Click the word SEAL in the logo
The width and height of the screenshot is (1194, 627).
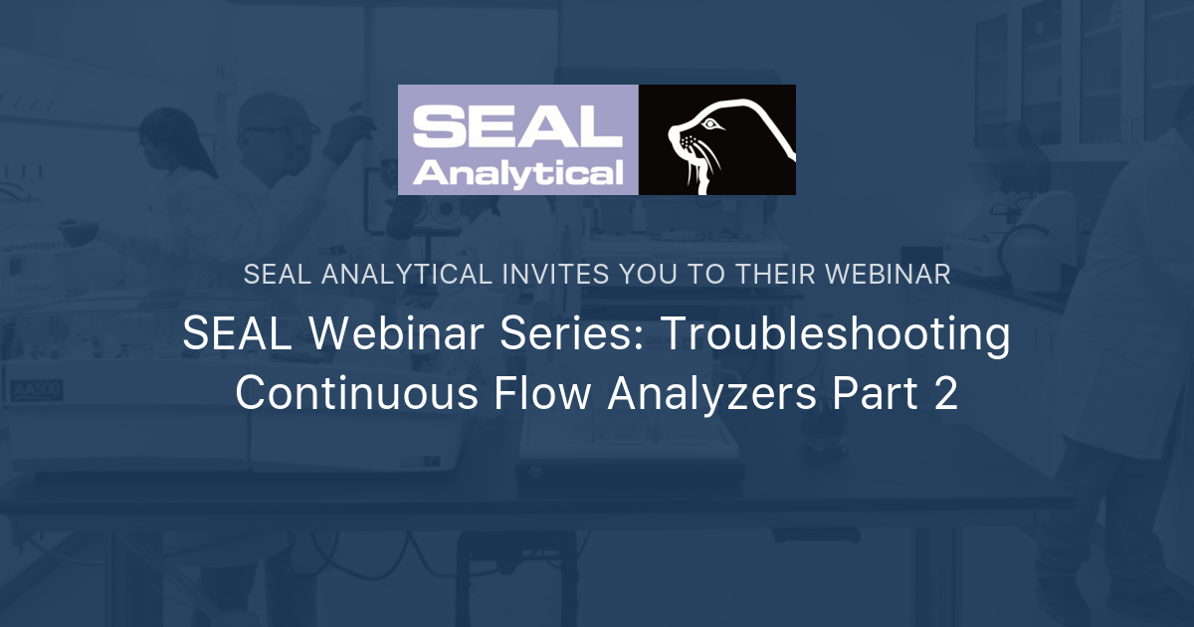point(516,127)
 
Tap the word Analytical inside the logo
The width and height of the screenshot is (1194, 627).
point(518,173)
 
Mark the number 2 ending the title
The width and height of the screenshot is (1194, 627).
point(945,394)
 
